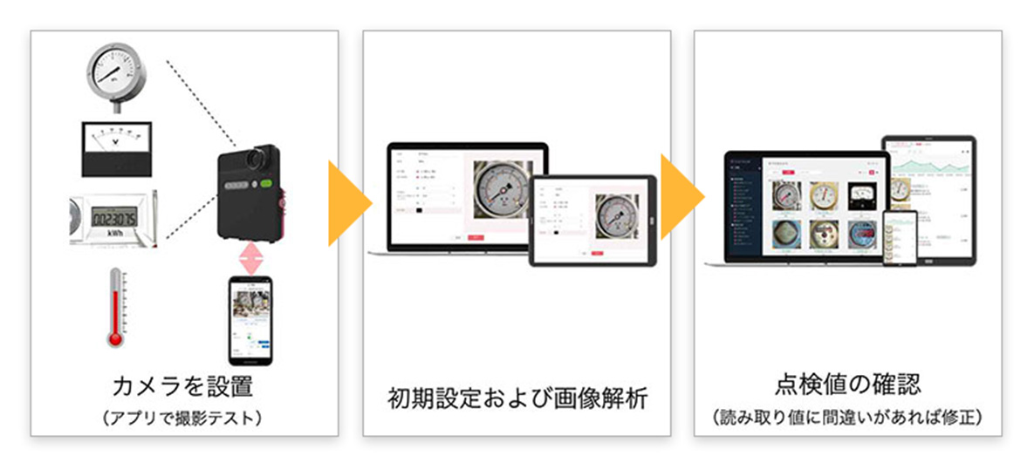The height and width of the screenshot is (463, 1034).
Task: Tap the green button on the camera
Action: [264, 186]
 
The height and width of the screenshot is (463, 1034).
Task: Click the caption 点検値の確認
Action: [847, 385]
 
